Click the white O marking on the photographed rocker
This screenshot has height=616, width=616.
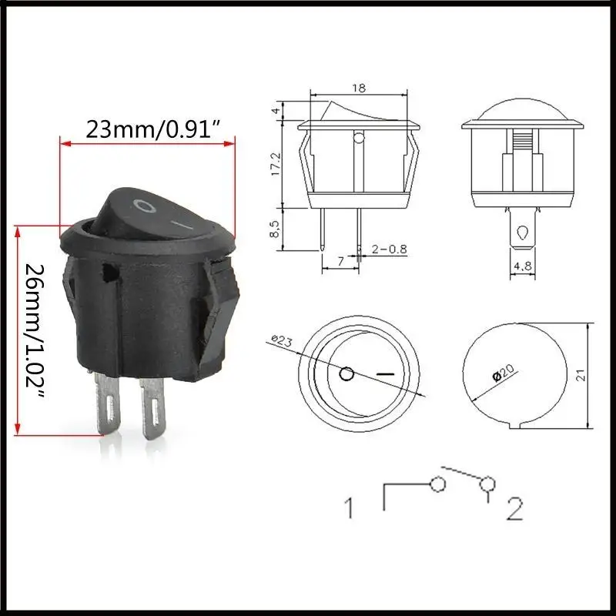144,206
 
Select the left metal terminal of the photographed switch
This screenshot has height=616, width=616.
107,403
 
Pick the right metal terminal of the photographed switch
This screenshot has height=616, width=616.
152,409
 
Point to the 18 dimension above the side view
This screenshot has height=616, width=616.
359,88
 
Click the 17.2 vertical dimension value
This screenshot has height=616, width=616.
276,164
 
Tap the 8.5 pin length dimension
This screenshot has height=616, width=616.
275,229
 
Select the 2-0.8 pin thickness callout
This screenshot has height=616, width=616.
389,249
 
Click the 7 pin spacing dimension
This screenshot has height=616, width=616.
340,261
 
